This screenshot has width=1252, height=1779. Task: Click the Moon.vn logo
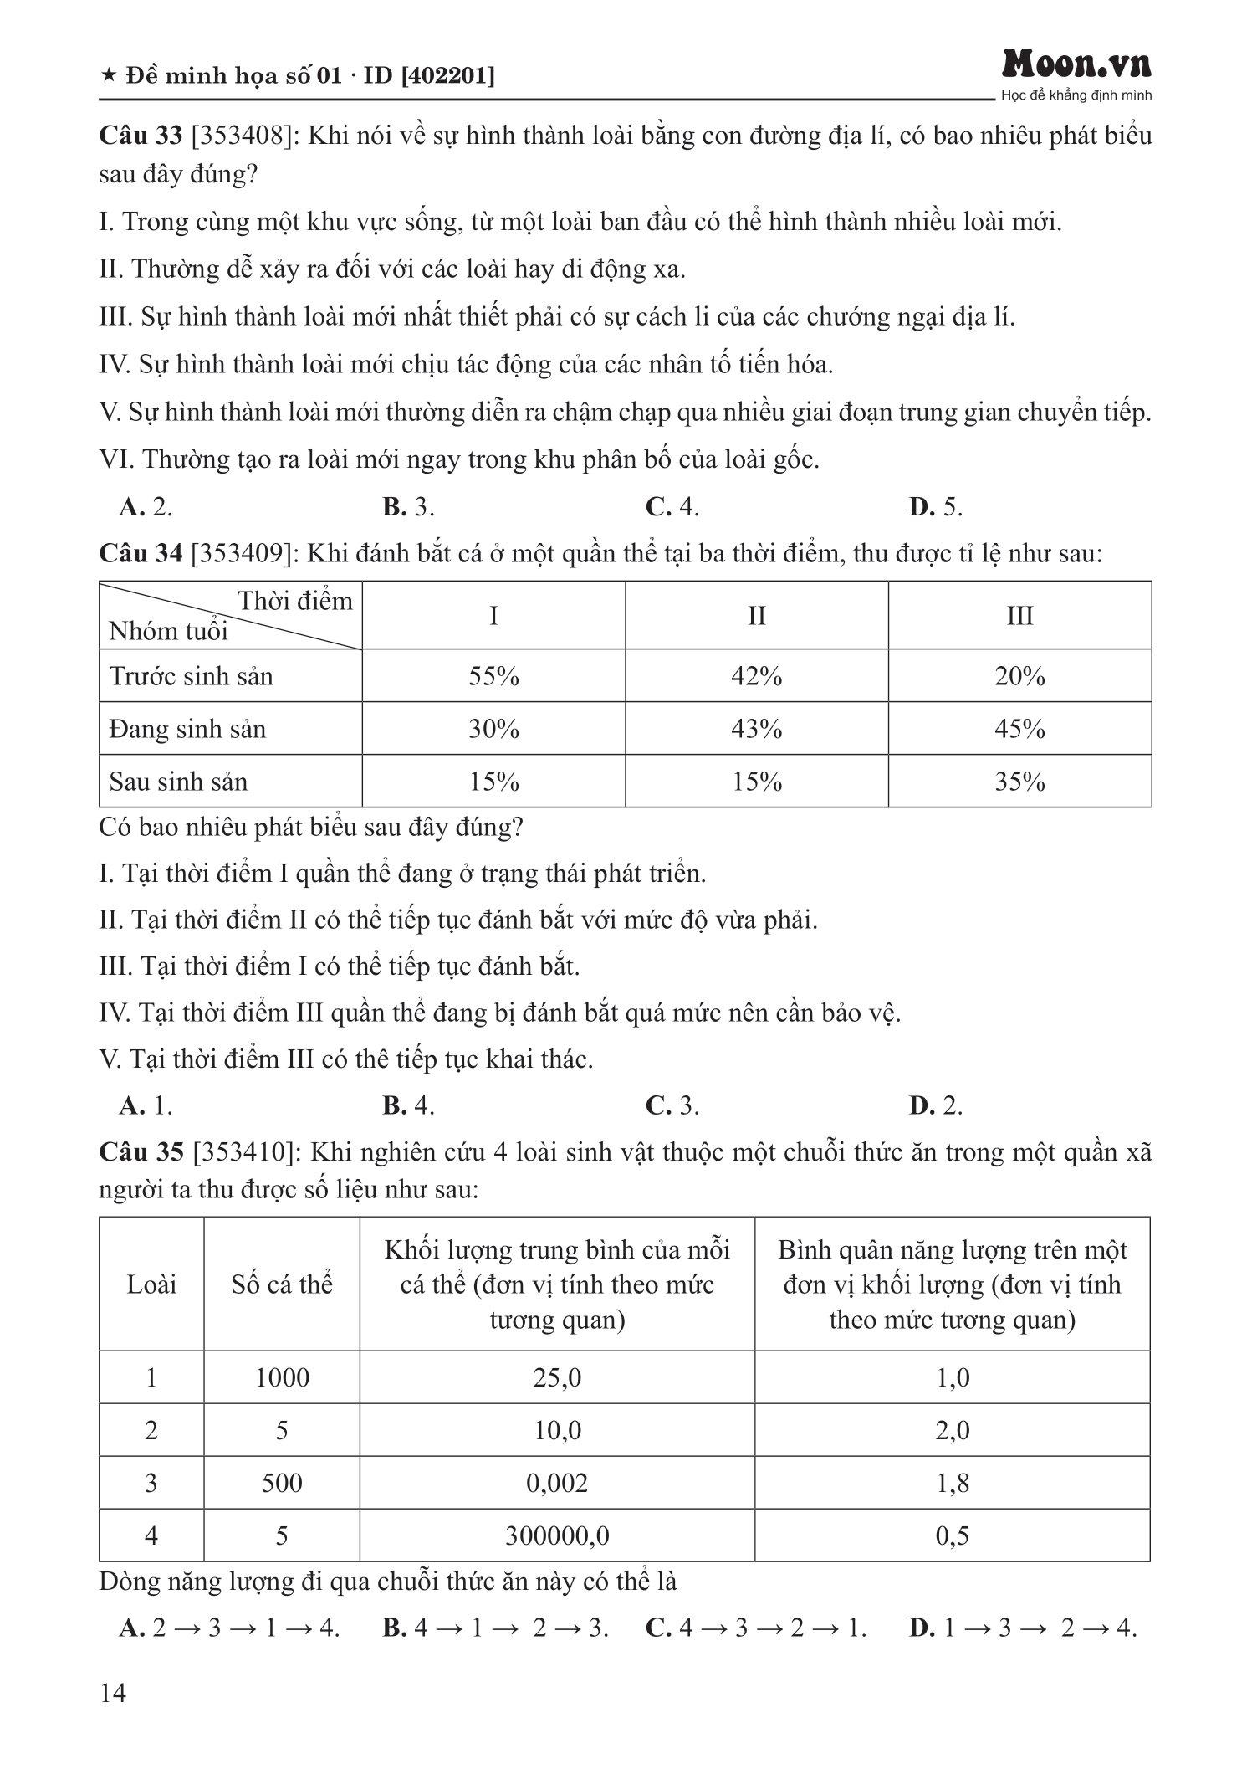[1077, 64]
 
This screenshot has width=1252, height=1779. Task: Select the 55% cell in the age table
[493, 676]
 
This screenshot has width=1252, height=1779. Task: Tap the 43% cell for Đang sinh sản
[756, 729]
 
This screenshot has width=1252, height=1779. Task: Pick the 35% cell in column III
[1019, 782]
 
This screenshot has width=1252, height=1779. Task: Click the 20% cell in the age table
[1019, 676]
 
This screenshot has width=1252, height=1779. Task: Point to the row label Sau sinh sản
[179, 782]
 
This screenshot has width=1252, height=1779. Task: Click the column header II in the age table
[756, 616]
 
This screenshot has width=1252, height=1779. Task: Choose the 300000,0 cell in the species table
[557, 1535]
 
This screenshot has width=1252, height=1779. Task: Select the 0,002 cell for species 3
[557, 1483]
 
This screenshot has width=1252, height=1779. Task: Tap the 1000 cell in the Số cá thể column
[282, 1377]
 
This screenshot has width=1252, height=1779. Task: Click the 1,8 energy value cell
[953, 1483]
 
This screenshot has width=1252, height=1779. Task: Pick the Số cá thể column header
[282, 1284]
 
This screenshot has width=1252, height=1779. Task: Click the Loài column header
[151, 1284]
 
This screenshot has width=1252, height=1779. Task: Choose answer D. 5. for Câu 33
[936, 507]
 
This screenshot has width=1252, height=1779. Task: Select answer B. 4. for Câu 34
[409, 1106]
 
